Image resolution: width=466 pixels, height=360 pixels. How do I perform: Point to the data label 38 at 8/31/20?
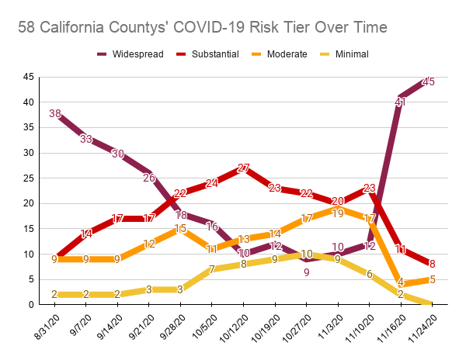(x=54, y=113)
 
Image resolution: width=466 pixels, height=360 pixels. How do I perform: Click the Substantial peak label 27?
(x=243, y=169)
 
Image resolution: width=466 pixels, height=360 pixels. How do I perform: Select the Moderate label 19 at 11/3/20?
(x=338, y=212)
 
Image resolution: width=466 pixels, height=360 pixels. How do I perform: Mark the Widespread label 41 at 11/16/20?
(x=401, y=102)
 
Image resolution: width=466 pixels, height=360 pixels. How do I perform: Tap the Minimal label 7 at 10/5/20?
(x=211, y=269)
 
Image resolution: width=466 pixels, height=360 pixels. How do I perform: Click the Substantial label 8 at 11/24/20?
(x=432, y=264)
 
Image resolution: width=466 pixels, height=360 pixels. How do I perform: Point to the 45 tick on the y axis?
(x=28, y=77)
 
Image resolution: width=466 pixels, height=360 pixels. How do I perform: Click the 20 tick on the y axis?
(x=28, y=203)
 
